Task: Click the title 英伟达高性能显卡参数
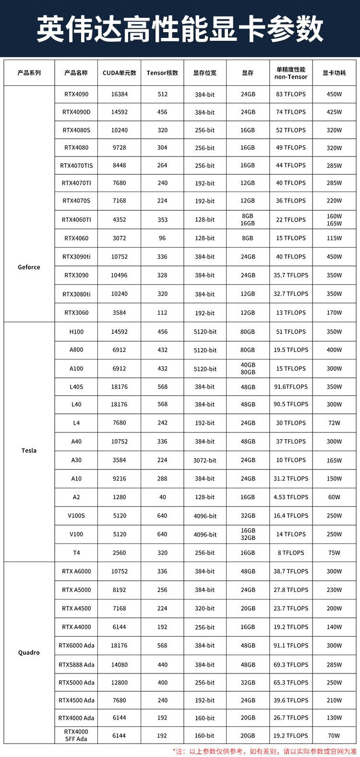coord(180,28)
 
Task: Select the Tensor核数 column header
coord(162,73)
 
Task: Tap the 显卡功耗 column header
coord(334,73)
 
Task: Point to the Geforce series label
coord(29,267)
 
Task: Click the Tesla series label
coord(29,451)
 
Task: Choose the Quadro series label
coord(29,653)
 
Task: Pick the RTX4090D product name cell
coord(76,112)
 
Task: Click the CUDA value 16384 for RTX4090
coord(120,95)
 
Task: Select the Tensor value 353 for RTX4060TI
coord(162,220)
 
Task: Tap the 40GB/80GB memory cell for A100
coord(248,369)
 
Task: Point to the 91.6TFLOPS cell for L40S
coord(291,387)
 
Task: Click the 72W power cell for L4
coord(334,423)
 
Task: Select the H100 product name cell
coord(76,332)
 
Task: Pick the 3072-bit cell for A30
coord(205,460)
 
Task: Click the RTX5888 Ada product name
coord(76,665)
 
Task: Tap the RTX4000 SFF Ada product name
coord(76,735)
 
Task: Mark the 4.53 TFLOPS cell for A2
coord(291,497)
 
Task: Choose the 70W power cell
coord(334,735)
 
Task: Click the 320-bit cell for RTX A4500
coord(205,609)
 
